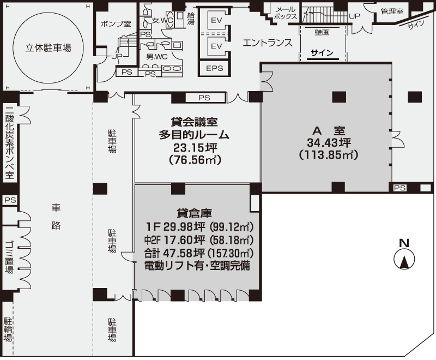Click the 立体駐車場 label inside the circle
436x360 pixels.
pos(48,48)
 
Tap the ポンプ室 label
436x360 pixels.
pos(116,23)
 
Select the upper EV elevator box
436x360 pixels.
pos(216,20)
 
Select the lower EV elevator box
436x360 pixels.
pos(216,46)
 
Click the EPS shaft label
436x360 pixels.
pos(214,68)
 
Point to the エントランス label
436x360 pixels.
pos(268,43)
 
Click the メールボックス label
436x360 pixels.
pos(285,13)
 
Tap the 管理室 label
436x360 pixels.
pos(392,11)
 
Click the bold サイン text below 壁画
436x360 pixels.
pos(322,52)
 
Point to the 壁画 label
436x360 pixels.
pos(322,32)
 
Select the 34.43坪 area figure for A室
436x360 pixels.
pos(329,143)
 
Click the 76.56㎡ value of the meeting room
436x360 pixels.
pos(195,160)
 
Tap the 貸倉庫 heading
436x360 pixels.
pos(195,213)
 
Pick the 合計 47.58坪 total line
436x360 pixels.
pos(199,253)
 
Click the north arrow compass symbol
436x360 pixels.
pos(404,259)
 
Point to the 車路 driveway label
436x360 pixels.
pos(56,217)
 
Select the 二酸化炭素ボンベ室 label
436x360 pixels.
pos(9,143)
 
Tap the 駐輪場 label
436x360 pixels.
pos(8,329)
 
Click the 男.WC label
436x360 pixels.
pos(157,57)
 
